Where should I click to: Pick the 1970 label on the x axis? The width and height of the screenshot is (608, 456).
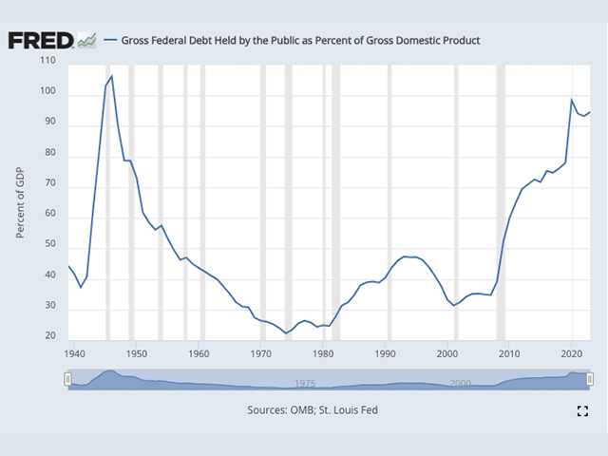262,353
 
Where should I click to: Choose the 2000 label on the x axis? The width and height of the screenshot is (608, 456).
449,353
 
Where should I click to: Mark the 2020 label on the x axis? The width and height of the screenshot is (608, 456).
571,353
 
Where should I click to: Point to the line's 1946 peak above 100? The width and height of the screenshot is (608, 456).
112,76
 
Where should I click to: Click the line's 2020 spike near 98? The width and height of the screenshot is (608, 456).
572,100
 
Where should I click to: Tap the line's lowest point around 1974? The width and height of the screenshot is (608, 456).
286,333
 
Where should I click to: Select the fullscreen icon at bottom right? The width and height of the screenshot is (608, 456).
583,410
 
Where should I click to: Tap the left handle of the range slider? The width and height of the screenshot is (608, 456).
67,379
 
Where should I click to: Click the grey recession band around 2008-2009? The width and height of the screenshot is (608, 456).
501,199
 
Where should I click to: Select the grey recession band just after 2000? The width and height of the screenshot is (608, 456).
456,199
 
